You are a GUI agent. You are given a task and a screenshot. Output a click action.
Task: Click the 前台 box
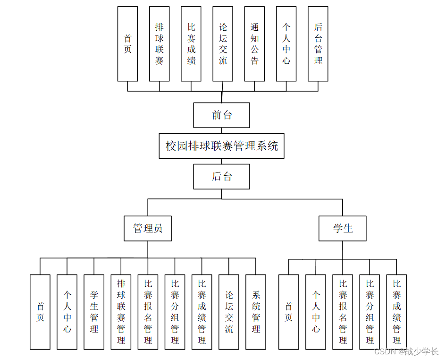[x=221, y=115]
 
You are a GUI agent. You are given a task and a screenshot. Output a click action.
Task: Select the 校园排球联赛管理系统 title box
[x=221, y=146]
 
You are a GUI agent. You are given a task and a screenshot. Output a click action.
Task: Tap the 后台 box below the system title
[x=221, y=177]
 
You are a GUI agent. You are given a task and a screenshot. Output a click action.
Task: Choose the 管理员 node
[x=148, y=229]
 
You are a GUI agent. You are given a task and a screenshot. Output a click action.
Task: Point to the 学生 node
[x=343, y=229]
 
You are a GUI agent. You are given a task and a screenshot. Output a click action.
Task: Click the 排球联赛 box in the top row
[x=159, y=44]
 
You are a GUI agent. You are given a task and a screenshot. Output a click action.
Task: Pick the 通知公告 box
[x=254, y=44]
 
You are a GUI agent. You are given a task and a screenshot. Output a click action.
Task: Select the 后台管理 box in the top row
[x=318, y=44]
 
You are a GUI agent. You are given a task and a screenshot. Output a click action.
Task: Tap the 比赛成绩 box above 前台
[x=191, y=44]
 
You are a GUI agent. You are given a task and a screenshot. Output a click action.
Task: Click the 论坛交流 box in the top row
[x=223, y=44]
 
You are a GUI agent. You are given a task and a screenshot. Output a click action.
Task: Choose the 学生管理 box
[x=94, y=312]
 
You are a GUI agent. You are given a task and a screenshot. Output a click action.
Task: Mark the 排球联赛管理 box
[x=121, y=312]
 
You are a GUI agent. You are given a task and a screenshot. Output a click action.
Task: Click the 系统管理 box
[x=256, y=312]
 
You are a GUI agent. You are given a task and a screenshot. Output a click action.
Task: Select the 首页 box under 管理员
[x=40, y=312]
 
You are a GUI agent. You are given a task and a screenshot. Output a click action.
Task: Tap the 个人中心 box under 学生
[x=316, y=312]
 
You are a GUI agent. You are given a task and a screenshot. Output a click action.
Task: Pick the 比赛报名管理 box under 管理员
[x=148, y=312]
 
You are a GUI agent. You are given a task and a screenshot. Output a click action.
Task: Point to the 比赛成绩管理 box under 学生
[x=396, y=312]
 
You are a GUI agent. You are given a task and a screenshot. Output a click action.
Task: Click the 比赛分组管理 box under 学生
[x=370, y=312]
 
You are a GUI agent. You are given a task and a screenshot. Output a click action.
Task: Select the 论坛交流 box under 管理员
[x=229, y=312]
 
